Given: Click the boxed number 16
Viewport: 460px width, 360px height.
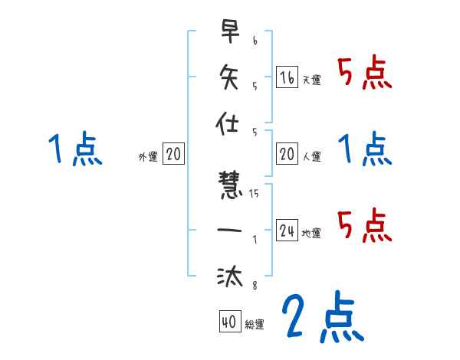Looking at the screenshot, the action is click(286, 77).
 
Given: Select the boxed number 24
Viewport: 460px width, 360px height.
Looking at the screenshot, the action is click(287, 231).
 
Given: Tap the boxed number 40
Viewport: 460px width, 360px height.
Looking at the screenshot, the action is click(228, 322).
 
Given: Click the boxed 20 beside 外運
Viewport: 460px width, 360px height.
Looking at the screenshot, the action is click(173, 155).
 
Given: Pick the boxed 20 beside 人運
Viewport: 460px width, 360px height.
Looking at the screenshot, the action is click(287, 155).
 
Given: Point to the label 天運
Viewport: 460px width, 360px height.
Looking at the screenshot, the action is click(311, 80).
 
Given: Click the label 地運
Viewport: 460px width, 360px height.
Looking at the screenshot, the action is click(311, 234).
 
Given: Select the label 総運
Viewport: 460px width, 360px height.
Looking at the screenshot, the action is click(255, 325).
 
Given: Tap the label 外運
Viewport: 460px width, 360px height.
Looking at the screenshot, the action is click(148, 157).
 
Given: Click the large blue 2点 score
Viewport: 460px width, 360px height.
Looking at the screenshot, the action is click(322, 316).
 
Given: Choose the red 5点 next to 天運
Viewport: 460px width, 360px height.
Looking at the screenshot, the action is click(365, 74).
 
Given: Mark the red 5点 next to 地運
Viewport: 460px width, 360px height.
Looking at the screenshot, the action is click(365, 225).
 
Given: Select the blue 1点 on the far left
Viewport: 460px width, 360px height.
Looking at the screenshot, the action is click(74, 149).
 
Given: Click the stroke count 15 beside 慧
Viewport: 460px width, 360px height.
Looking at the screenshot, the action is click(255, 193).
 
